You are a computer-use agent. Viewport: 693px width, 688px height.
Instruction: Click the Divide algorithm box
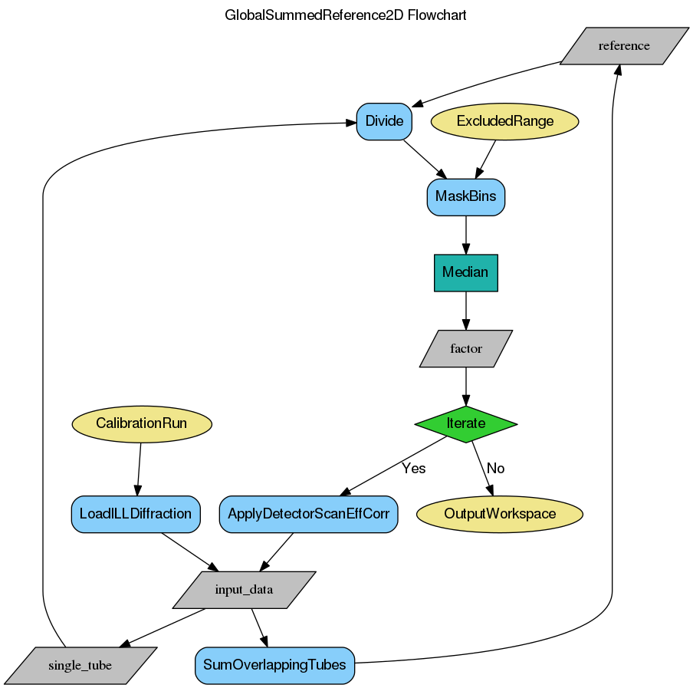click(384, 121)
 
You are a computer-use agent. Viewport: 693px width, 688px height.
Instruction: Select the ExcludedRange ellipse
click(504, 121)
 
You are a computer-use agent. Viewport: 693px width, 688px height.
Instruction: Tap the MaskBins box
click(465, 196)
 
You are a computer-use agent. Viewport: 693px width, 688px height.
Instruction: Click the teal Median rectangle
click(465, 272)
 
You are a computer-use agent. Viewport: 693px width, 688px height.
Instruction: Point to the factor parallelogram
click(465, 348)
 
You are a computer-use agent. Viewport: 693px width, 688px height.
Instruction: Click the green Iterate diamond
click(465, 423)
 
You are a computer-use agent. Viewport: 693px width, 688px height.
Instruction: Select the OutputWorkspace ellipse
click(500, 514)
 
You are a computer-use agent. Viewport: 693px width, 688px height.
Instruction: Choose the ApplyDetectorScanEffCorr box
click(308, 514)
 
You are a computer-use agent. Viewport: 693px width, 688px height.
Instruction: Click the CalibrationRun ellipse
click(141, 423)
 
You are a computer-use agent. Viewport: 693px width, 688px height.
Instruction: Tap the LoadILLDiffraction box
click(136, 514)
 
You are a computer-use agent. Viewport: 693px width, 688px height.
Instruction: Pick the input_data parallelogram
click(244, 590)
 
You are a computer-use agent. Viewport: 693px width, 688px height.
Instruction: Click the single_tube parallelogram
click(80, 665)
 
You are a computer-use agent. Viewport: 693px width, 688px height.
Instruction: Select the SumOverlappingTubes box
click(275, 665)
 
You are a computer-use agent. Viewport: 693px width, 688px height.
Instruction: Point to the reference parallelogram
click(624, 46)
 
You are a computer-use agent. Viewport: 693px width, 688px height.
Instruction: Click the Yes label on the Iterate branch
click(413, 468)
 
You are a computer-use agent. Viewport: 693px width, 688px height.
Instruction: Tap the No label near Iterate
click(495, 468)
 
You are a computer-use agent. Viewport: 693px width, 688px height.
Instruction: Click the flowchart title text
click(346, 15)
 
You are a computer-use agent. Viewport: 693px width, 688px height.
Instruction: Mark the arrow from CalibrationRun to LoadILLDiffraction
click(139, 469)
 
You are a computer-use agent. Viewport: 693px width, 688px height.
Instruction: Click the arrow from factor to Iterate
click(465, 386)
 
